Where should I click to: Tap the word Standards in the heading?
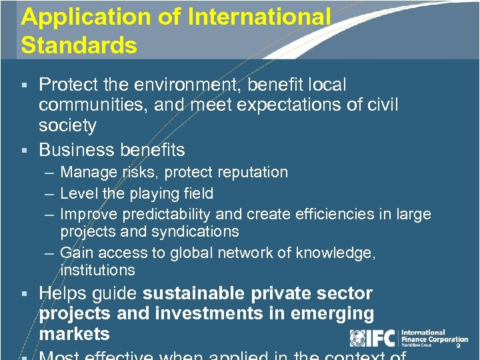click(79, 45)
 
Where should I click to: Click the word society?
click(68, 125)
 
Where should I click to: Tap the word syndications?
click(198, 231)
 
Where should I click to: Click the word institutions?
click(97, 270)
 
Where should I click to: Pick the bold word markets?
click(74, 333)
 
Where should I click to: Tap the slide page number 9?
click(458, 345)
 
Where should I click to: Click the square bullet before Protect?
click(25, 85)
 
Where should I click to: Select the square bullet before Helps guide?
click(25, 294)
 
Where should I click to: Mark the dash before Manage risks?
click(51, 173)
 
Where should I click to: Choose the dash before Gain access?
click(51, 253)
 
